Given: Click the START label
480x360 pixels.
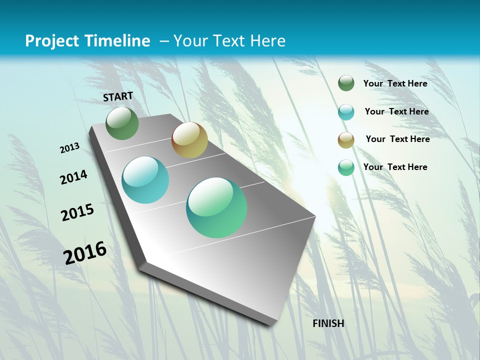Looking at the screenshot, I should pos(118,96).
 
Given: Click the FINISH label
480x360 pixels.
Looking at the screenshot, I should pos(328,323).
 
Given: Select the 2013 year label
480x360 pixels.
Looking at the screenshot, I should pos(69,147).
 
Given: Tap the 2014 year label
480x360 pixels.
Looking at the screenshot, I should pos(73,177).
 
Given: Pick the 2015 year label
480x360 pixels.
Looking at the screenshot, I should pos(77,212).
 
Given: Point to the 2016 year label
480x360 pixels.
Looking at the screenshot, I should pos(85,252).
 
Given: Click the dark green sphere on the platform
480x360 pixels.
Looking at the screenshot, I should pos(122,123).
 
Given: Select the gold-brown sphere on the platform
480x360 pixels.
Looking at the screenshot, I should pos(189,140).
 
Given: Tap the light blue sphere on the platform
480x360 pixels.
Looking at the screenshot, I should pos(145,180).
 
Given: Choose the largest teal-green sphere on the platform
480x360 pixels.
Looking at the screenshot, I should pos(216,207).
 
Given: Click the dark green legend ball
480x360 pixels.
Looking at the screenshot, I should pos(346,83).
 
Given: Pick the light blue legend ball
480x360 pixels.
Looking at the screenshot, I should pos(346,112).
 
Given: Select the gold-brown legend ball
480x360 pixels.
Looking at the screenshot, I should pos(346,140).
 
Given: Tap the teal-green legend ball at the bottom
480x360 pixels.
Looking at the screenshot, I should pos(346,167).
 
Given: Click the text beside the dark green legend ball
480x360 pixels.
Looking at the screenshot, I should pos(395,83).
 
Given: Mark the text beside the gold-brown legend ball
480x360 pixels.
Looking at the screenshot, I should pos(397,139).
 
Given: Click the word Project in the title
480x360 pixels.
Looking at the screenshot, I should pos(51,41).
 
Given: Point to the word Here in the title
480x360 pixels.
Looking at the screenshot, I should pos(267,41).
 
